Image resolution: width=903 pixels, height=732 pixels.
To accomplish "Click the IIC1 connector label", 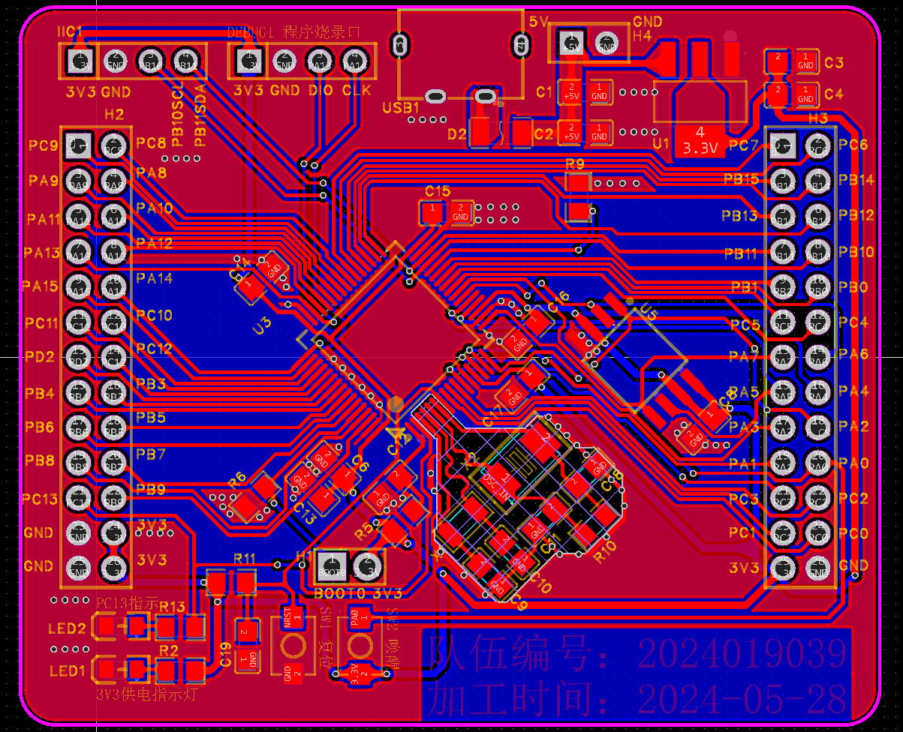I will pos(71,31).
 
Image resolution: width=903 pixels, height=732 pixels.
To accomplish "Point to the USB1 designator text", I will pos(401,107).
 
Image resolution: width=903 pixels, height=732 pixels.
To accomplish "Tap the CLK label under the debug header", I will pos(357,90).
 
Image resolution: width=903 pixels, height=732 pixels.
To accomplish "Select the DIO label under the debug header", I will pos(320,90).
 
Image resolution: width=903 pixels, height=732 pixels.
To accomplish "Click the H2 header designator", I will pos(114,114).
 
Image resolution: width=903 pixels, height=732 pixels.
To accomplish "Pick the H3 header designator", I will pos(817,118).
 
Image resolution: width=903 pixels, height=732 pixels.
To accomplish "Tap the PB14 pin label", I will pos(856,180).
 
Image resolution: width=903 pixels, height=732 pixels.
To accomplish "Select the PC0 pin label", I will pos(853,533).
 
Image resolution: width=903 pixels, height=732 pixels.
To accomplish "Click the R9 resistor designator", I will pos(574,163).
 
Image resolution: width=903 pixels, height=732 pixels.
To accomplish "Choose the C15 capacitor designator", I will pos(437,191).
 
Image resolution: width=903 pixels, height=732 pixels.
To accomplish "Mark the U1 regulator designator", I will pos(661,142).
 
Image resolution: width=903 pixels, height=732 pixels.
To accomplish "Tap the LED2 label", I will pos(67,628).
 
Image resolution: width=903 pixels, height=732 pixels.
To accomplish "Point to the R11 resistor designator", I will pos(245,559).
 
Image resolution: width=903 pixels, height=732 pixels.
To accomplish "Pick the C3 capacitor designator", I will pos(833,62).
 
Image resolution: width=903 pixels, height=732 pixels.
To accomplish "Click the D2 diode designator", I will pos(457,134).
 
